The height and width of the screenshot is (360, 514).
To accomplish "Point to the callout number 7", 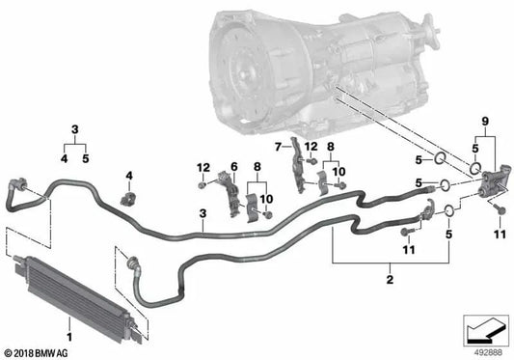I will (x=277, y=146).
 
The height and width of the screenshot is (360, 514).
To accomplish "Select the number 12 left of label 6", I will (x=203, y=167).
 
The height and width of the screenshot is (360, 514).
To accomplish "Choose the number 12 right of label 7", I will (x=311, y=146).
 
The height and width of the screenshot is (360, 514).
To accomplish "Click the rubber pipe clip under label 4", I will (x=129, y=200).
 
